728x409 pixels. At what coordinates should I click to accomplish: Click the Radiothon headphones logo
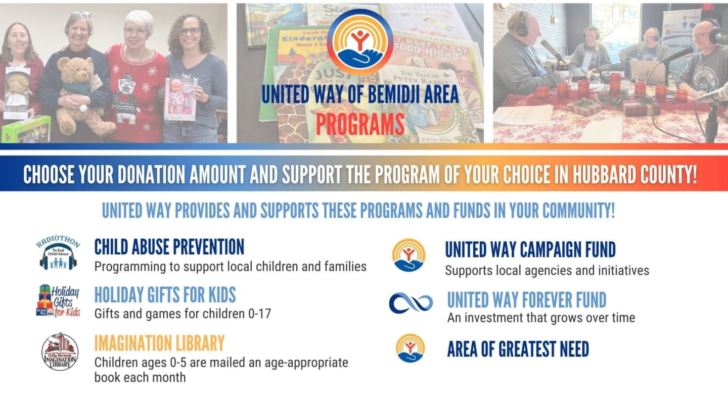[x=58, y=253]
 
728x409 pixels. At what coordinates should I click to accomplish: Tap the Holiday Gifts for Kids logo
[x=58, y=300]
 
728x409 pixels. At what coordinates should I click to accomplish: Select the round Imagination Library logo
[x=60, y=351]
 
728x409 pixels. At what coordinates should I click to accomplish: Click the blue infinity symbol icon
[x=411, y=303]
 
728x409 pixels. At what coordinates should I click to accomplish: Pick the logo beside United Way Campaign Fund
[x=408, y=255]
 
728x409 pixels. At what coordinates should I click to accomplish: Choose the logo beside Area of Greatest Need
[x=410, y=348]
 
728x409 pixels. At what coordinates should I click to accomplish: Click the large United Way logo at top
[x=359, y=42]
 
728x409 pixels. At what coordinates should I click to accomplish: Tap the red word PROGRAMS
[x=360, y=124]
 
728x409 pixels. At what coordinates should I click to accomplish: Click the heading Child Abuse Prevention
[x=169, y=247]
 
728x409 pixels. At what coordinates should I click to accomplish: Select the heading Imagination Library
[x=159, y=343]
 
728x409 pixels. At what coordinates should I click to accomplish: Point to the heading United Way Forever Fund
[x=526, y=300]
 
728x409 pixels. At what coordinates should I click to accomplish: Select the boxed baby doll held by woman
[x=180, y=99]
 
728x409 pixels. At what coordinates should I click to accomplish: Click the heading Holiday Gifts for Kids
[x=165, y=295]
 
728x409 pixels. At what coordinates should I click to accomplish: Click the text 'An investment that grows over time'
[x=541, y=318]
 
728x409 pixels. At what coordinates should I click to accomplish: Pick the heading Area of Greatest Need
[x=518, y=349]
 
